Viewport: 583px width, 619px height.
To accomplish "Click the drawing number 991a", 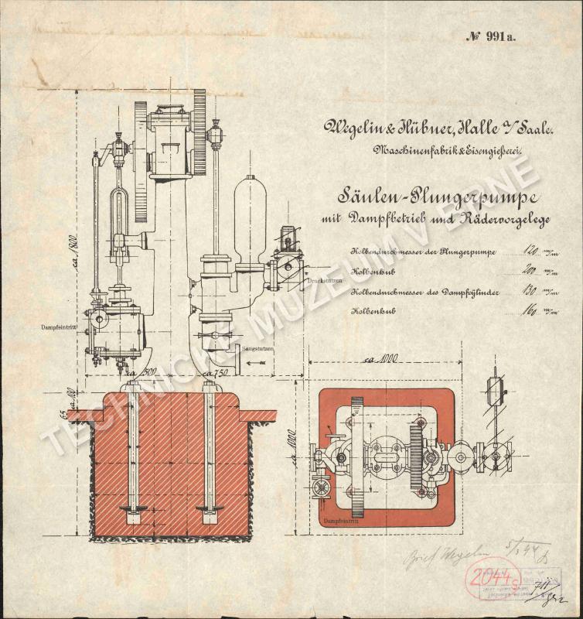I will click(492, 36).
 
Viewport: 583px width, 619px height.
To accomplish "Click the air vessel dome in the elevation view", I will click(250, 217).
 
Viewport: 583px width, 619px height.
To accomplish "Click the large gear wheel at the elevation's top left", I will click(141, 160).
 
